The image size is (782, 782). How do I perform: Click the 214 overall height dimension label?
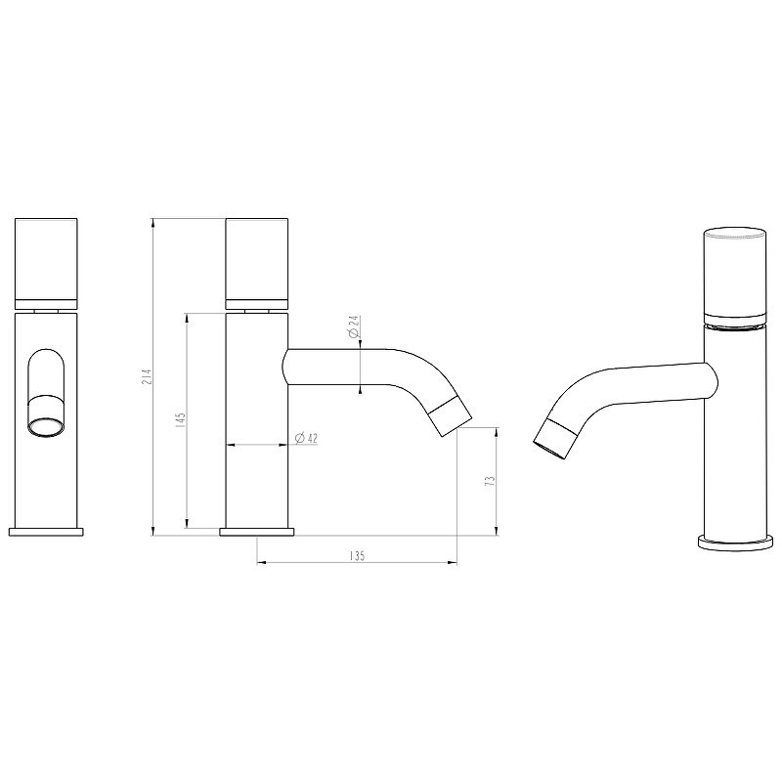coord(146,376)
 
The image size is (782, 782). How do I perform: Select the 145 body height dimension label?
coord(181,419)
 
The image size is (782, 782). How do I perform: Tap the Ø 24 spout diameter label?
coord(354,326)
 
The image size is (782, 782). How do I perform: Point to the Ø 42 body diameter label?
coord(306,438)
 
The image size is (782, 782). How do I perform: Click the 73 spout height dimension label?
coord(491,481)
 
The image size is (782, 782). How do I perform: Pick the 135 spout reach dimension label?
coord(357,555)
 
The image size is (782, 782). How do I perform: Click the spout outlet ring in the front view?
coord(46,427)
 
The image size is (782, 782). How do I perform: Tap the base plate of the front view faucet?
coord(46,531)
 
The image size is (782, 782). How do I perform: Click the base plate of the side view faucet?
coord(257,532)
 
